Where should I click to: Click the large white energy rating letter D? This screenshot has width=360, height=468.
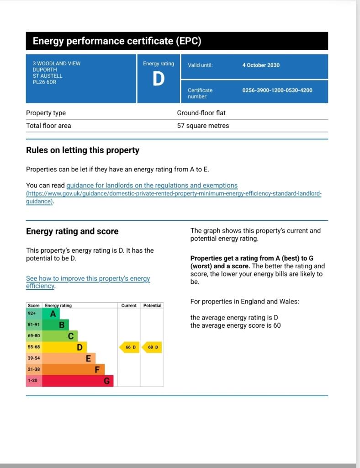pos(158,79)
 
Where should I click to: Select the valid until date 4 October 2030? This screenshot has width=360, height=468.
pos(261,65)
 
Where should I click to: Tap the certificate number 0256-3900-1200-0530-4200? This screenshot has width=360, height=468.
pos(277,90)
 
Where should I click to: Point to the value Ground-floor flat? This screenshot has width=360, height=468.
pos(201,113)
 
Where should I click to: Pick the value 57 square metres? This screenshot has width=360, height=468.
pos(203,126)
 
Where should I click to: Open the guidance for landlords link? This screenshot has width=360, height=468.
pos(152,186)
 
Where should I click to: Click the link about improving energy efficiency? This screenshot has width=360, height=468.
pos(88,279)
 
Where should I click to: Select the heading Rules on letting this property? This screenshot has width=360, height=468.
pos(83,150)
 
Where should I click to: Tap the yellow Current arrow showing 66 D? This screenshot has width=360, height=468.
pos(130,347)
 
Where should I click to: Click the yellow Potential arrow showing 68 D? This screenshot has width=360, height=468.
pos(152,347)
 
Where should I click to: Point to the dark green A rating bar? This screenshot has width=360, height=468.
pos(51,314)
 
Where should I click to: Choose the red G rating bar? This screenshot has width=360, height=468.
pos(78,381)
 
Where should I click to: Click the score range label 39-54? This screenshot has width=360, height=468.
pos(34,358)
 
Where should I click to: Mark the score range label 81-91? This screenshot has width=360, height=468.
pos(34,325)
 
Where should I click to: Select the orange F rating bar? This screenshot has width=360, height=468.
pos(73,370)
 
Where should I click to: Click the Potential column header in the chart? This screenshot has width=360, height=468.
pos(152,305)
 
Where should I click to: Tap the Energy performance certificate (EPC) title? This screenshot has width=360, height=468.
pos(117,41)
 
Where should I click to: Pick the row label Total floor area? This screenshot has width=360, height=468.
pos(48,126)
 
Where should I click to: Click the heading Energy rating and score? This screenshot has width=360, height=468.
pos(72,231)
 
